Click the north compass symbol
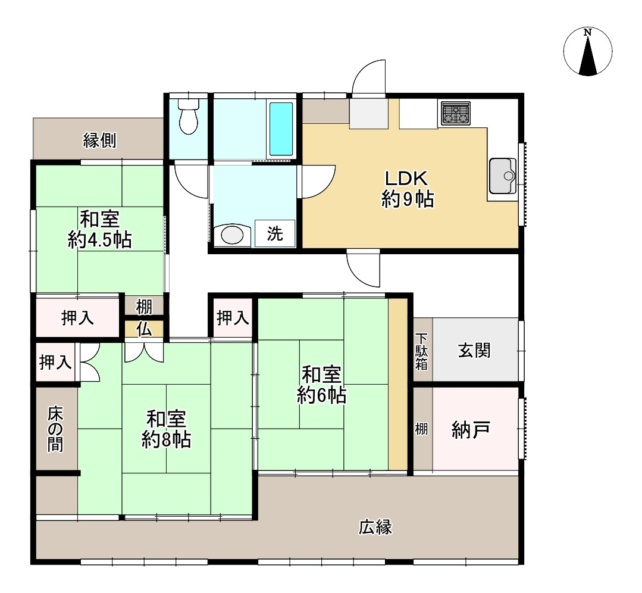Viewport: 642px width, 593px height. point(588,52)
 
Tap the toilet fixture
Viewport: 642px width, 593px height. point(188,117)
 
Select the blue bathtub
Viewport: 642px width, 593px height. point(281,128)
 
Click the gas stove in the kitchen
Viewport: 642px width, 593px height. point(455,113)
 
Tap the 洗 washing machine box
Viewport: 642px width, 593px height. point(274,234)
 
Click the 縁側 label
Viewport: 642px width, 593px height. point(99,141)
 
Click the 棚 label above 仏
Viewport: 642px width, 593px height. point(143,307)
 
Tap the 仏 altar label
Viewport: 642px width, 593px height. point(143,329)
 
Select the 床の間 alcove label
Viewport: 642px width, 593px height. point(55,429)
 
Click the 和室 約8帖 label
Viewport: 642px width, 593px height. point(166,429)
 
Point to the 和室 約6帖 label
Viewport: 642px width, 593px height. point(321,385)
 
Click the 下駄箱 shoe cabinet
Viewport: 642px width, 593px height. point(421,351)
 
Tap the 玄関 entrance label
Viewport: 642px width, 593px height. point(474,350)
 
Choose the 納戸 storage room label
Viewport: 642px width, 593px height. point(471,429)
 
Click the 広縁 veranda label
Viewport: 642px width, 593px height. point(375,527)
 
